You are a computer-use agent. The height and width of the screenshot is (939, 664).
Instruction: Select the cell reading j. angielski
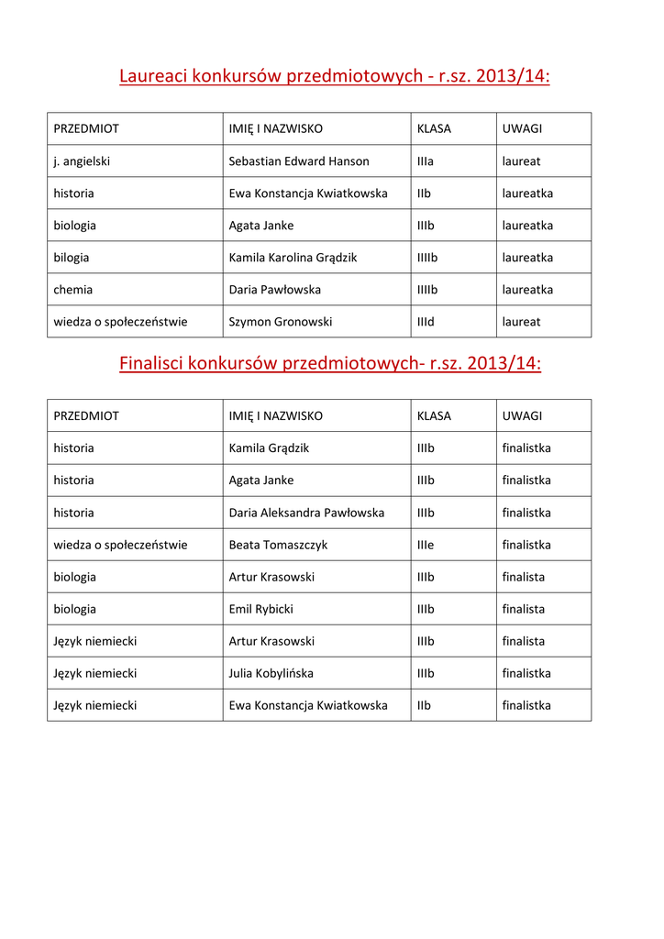point(82,161)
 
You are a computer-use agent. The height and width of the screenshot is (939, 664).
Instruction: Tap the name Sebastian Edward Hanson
point(299,161)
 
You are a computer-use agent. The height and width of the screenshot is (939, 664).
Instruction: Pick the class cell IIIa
point(426,161)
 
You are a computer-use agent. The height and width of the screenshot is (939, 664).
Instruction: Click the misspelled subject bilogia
point(72,258)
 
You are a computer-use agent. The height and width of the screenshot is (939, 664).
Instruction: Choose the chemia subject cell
point(73,290)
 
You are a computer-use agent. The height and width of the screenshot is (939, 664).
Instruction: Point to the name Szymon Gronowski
point(281,322)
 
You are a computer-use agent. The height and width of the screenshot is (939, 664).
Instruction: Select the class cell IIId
point(426,322)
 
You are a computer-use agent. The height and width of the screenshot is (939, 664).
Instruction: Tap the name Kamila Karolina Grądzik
point(293,258)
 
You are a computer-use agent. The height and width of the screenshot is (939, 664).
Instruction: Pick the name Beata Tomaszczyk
point(278,545)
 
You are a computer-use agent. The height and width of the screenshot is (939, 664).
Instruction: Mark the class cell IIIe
point(426,545)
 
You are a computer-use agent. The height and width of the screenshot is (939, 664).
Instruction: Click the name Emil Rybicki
point(261,609)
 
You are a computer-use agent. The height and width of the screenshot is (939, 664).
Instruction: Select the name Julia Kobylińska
point(271,673)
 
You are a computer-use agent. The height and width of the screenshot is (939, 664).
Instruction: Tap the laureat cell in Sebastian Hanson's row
point(521,161)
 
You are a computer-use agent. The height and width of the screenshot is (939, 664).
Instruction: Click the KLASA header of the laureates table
point(434,128)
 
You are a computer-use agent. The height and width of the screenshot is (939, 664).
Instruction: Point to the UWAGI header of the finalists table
point(522,416)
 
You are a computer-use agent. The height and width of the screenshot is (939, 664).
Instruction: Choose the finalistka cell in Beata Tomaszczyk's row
point(526,545)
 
